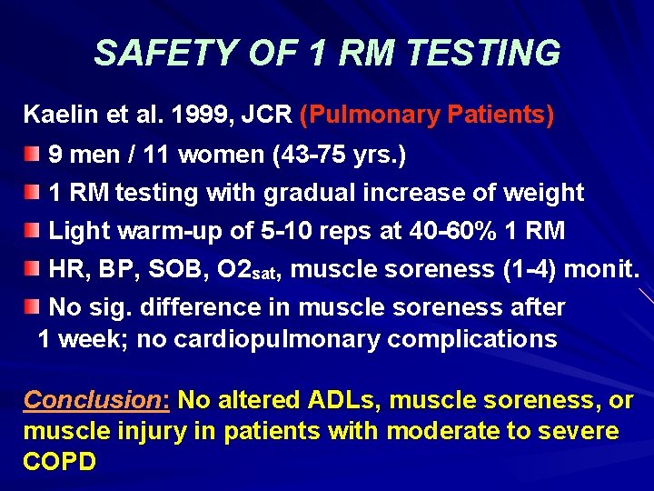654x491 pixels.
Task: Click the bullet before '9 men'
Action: click(33, 153)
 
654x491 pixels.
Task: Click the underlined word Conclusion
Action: click(94, 400)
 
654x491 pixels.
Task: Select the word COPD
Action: click(59, 460)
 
